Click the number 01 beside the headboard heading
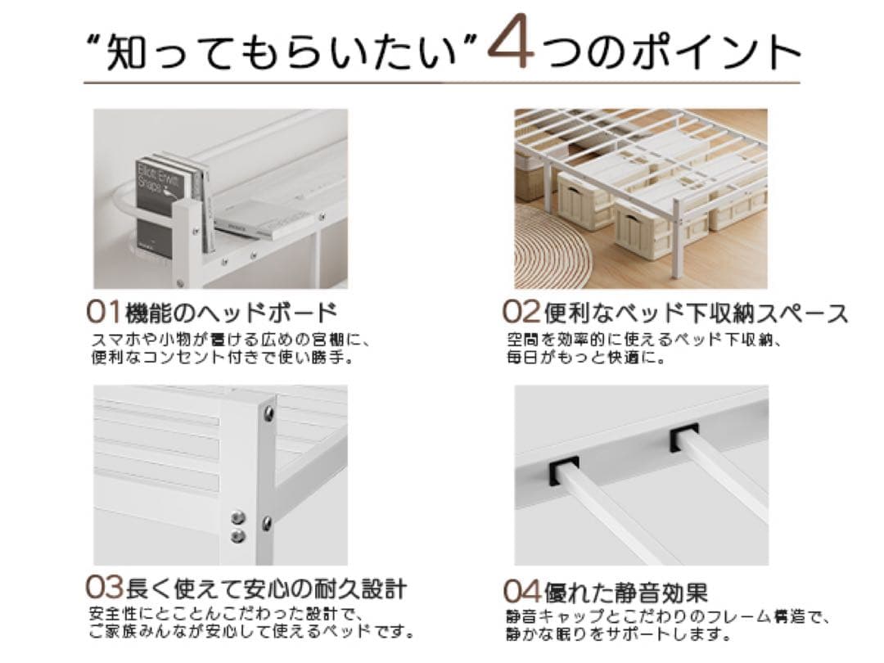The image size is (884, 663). [104, 313]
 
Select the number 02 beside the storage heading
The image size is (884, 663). [521, 313]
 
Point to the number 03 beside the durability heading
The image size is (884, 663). [105, 588]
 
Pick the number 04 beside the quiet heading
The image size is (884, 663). [522, 591]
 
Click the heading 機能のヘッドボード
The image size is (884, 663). [232, 313]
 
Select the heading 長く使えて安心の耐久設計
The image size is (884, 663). [267, 588]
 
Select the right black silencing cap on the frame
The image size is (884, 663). [684, 438]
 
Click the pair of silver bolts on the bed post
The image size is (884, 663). [239, 526]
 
